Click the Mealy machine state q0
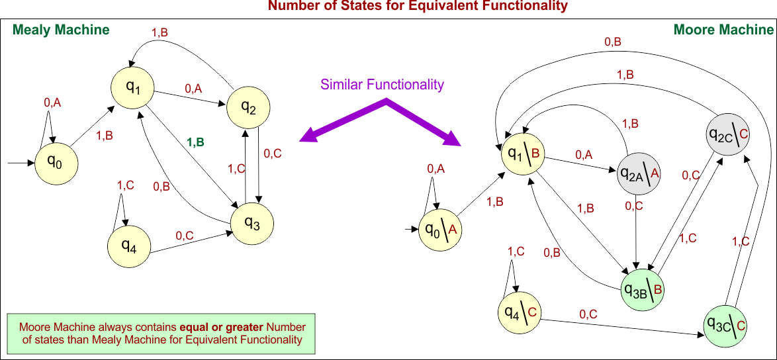point(56,161)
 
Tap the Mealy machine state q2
point(249,107)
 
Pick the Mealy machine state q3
point(251,222)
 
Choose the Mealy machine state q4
point(129,246)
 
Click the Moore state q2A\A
point(639,174)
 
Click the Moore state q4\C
point(519,312)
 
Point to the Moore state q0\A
point(441,230)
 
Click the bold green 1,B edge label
point(195,142)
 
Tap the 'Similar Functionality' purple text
point(382,85)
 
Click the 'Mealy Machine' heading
point(61,30)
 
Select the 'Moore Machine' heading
point(723,30)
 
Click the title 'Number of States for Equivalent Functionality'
point(417,7)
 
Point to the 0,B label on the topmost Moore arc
point(613,42)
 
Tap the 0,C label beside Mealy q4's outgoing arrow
point(185,235)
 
